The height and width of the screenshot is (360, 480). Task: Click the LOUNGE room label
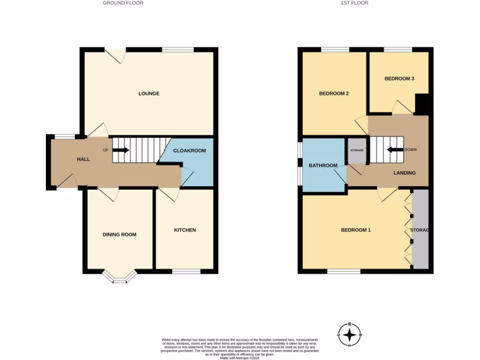(149, 94)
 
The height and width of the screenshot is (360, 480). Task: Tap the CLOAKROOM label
(189, 151)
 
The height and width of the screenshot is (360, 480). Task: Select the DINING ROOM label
(120, 235)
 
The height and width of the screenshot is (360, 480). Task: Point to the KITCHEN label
(185, 230)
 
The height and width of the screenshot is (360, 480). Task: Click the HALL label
(83, 159)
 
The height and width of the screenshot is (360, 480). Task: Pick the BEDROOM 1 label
(356, 230)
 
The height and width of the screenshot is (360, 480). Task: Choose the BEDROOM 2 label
(334, 94)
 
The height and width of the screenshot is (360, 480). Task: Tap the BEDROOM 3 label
(399, 79)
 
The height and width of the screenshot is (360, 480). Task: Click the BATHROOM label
(323, 165)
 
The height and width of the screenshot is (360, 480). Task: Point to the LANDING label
(404, 173)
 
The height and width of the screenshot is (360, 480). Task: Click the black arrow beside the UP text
(121, 150)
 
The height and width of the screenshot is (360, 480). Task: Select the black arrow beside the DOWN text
(394, 150)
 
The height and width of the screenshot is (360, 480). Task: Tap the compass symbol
(350, 335)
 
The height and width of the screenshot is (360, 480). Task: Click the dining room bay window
(120, 277)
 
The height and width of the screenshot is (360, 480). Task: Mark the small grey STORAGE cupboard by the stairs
(357, 150)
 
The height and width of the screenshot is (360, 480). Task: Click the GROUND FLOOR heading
(123, 3)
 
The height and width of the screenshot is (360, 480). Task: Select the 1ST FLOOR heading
(355, 3)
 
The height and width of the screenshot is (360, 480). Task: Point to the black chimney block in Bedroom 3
(422, 104)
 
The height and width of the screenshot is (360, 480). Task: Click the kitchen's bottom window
(186, 271)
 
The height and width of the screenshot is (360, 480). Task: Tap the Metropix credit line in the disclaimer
(240, 358)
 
